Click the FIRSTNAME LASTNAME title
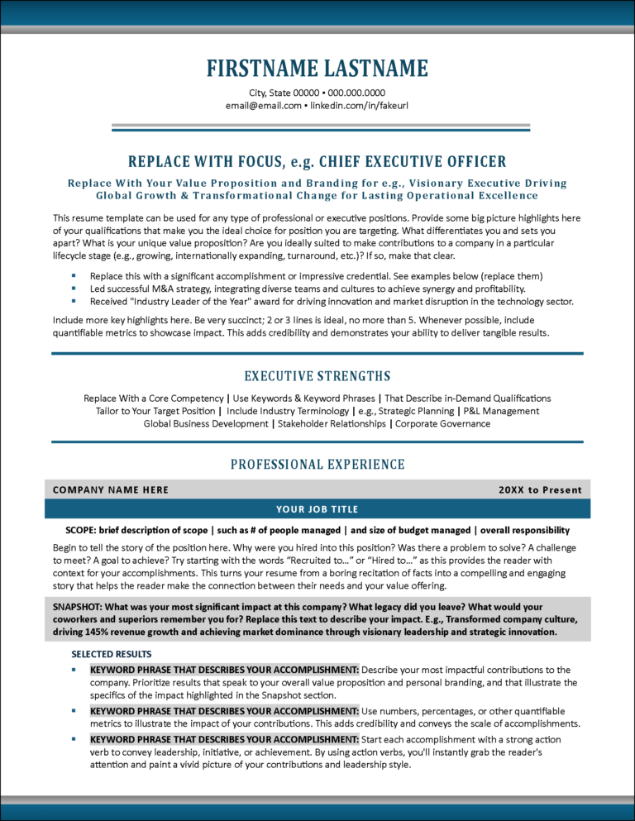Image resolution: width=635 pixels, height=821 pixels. (x=317, y=68)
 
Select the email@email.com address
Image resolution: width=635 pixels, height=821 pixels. (x=263, y=106)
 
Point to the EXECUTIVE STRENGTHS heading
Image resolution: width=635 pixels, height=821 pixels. (x=317, y=376)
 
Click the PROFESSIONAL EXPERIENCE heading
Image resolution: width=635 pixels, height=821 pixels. (x=317, y=465)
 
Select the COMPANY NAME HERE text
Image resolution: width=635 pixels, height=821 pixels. (x=111, y=489)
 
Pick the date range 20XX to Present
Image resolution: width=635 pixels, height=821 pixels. (x=540, y=489)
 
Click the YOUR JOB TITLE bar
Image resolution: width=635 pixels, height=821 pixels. (x=317, y=508)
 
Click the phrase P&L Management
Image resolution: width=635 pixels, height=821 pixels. (x=501, y=411)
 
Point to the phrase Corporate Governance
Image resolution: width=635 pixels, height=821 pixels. (x=442, y=423)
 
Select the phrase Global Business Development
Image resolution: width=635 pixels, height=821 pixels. (x=206, y=423)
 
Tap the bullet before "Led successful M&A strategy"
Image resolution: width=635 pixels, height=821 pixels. (x=74, y=289)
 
